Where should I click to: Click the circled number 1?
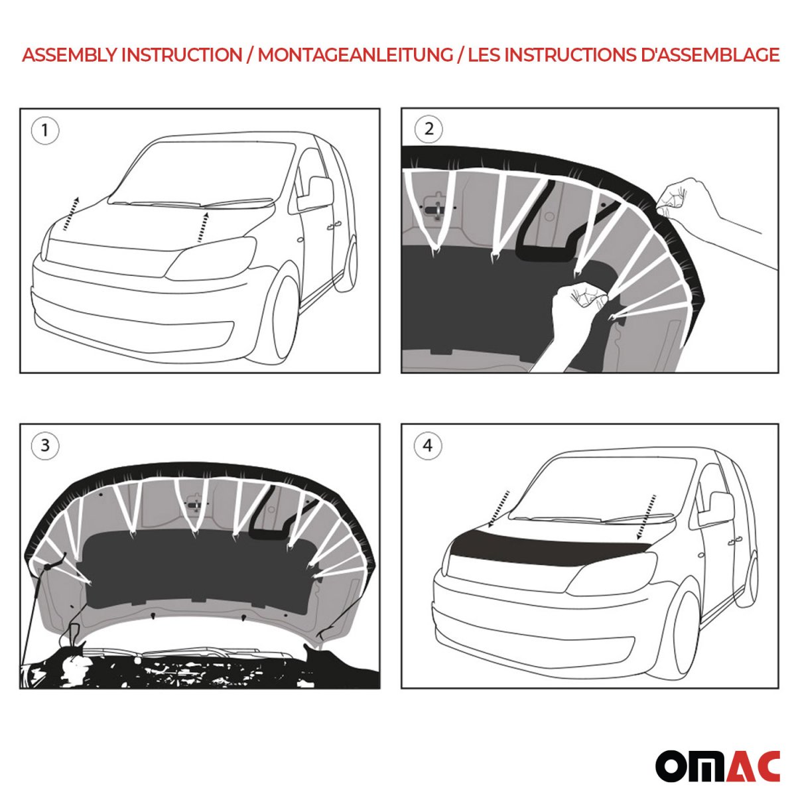coord(45,131)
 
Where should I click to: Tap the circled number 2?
coord(429,129)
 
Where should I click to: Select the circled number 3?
coord(45,444)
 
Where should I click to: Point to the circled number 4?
coord(427,445)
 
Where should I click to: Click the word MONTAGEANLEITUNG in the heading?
coord(355,55)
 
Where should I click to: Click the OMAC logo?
coord(718,766)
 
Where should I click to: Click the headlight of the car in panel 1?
coord(212,259)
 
